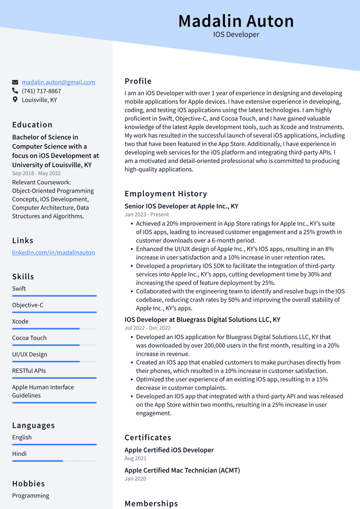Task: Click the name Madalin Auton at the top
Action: (236, 21)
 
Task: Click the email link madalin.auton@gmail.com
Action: (58, 82)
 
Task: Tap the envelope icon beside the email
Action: (15, 82)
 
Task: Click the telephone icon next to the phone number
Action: (15, 91)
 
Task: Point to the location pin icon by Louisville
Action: (15, 100)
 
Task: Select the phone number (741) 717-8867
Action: (41, 91)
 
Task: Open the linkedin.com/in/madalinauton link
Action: (53, 252)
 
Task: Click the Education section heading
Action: (32, 125)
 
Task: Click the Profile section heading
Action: (138, 81)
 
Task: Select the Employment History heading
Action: (165, 194)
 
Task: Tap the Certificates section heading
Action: (148, 437)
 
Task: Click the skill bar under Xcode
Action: (54, 329)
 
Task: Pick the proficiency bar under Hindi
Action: (54, 461)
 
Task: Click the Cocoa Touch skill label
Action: (29, 338)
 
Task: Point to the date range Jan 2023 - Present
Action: (147, 215)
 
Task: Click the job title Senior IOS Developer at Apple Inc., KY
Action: (181, 206)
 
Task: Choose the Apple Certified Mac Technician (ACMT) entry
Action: (182, 470)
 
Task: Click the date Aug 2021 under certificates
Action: (135, 458)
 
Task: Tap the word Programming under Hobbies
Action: (30, 495)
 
